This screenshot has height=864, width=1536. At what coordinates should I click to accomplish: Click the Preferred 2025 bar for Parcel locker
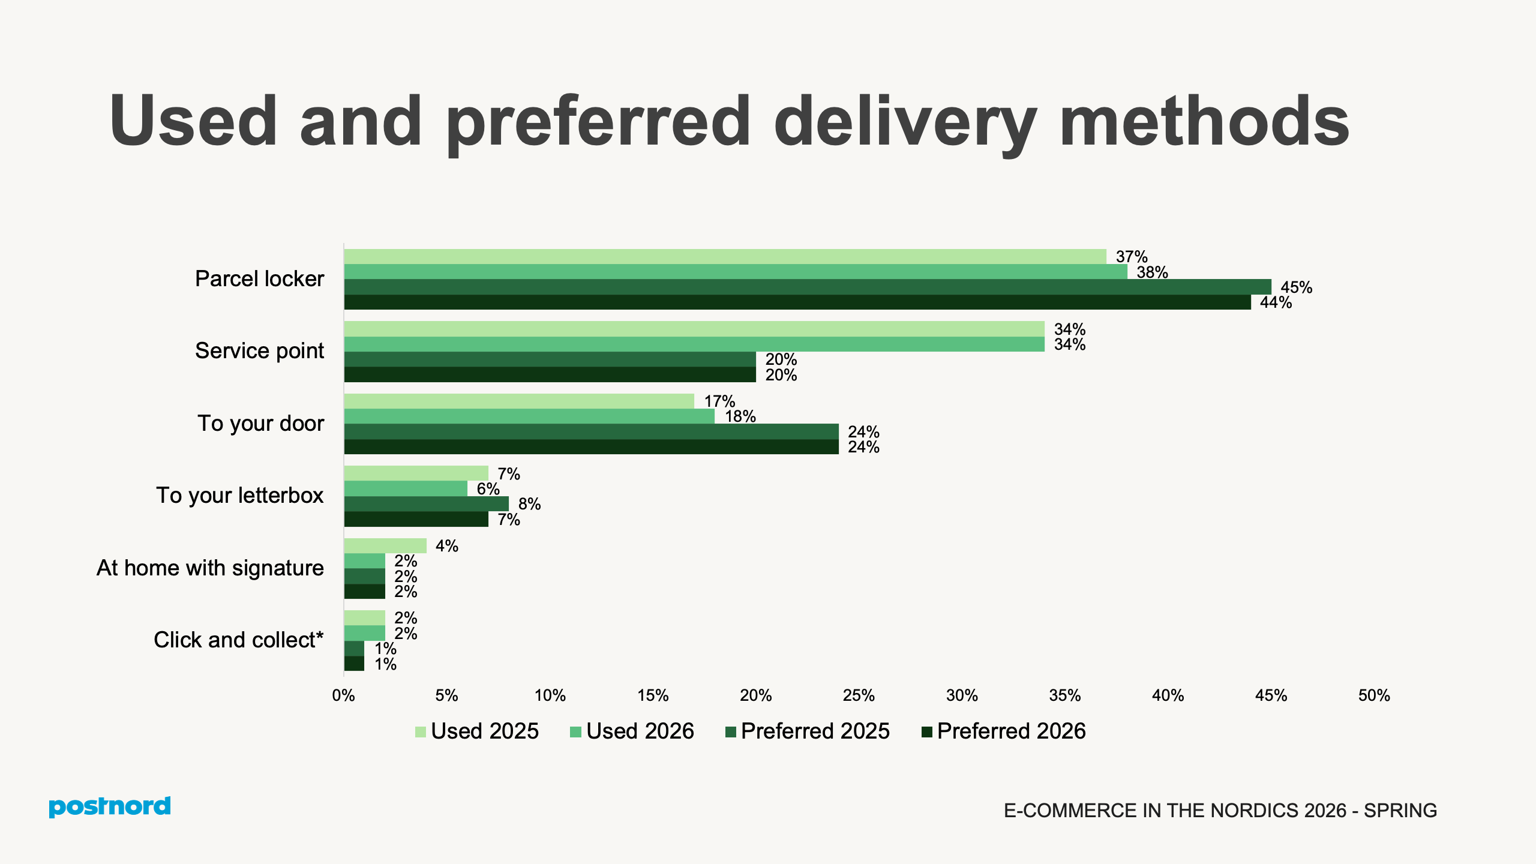pos(807,287)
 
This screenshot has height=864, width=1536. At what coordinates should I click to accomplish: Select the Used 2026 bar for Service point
pos(694,344)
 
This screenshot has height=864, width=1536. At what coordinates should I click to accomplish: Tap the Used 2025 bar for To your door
pos(519,401)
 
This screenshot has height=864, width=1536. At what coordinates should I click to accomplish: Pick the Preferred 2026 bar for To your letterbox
pos(416,520)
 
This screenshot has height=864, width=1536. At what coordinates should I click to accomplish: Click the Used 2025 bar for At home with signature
pos(385,546)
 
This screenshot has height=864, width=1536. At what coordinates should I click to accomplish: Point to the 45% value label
pos(1296,287)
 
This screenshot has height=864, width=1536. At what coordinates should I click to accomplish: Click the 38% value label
pos(1152,272)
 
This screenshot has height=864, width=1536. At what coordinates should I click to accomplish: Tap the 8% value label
pos(529,504)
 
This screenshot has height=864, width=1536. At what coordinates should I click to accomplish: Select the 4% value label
pos(446,546)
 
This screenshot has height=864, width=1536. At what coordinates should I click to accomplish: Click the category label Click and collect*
pos(238,640)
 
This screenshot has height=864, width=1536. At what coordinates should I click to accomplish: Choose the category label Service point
pos(259,351)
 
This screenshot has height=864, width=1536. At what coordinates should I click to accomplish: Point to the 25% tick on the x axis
pos(859,695)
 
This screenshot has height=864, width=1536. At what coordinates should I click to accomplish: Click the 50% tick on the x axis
pos(1373,695)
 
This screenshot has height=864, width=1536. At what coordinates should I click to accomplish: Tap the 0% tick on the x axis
pos(343,695)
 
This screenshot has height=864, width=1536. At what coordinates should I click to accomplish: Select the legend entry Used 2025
pos(477,731)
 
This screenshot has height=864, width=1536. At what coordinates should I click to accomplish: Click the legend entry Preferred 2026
pos(1003,731)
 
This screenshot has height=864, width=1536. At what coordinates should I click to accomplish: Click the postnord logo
pos(110,807)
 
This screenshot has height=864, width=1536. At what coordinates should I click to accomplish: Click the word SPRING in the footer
pos(1400,811)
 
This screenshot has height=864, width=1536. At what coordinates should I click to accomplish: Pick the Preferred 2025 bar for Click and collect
pos(354,649)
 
